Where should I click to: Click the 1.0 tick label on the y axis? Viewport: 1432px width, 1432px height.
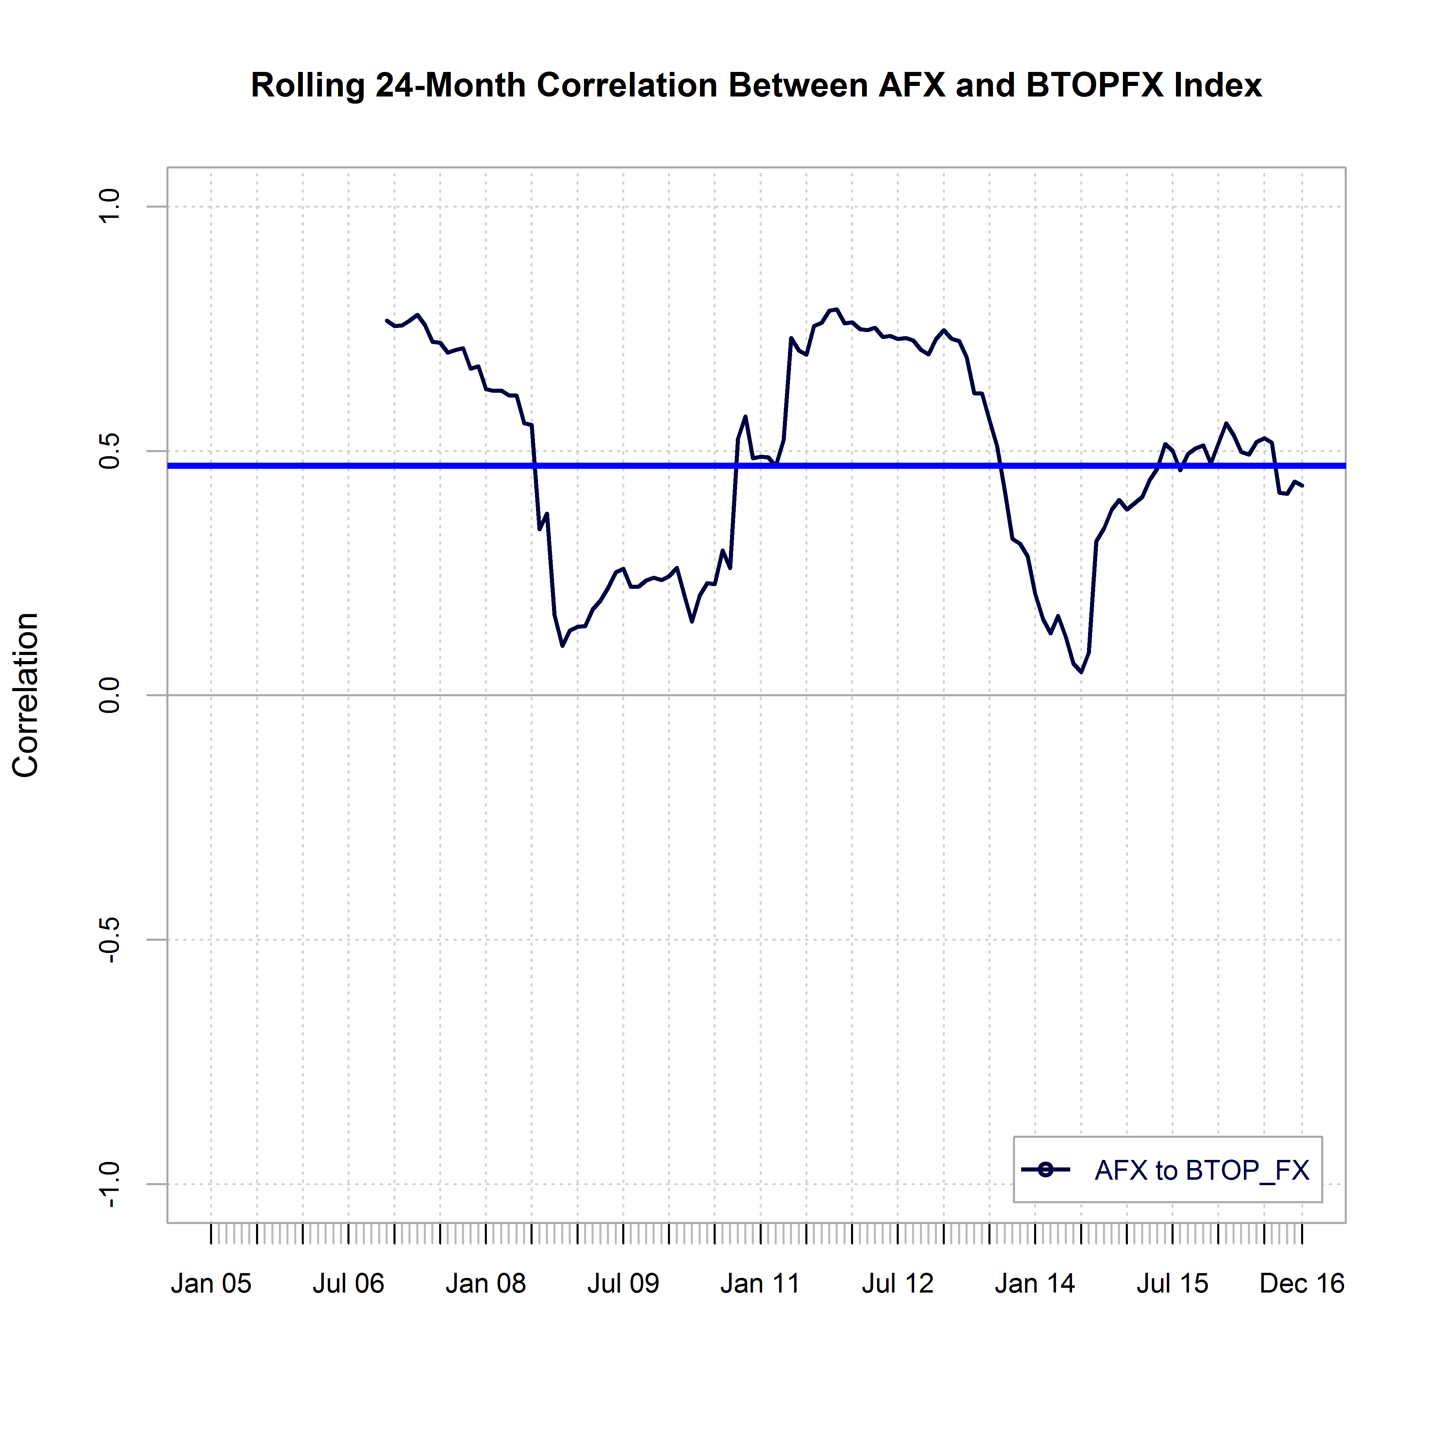click(x=110, y=206)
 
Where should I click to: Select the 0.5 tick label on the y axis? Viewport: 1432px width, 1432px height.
click(x=110, y=451)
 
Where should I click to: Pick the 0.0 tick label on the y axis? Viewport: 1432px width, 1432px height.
click(x=110, y=695)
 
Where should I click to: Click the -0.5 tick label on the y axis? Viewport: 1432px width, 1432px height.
click(x=110, y=940)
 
